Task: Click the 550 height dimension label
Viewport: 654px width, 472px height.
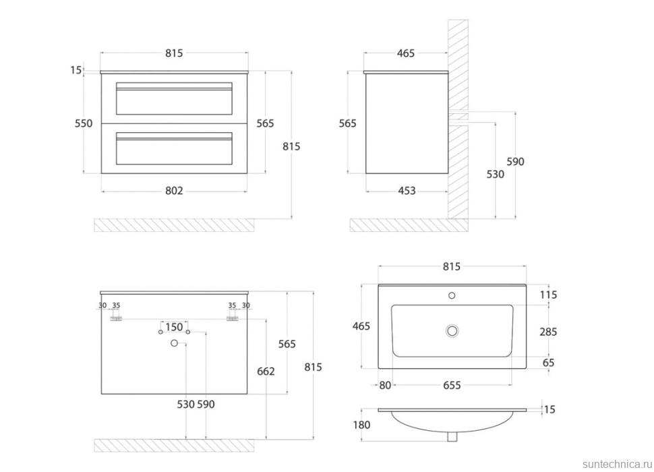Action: pyautogui.click(x=83, y=123)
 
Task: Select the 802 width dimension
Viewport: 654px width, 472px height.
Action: pyautogui.click(x=174, y=191)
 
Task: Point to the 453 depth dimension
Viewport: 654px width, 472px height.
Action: pyautogui.click(x=407, y=191)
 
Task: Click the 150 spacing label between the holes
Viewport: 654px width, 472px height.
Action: pyautogui.click(x=174, y=327)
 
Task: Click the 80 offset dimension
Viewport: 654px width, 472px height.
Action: pyautogui.click(x=384, y=385)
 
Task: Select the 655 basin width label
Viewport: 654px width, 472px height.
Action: pyautogui.click(x=452, y=385)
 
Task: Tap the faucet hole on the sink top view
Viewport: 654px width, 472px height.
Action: pyautogui.click(x=452, y=295)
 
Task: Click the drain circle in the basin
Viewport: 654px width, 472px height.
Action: pyautogui.click(x=452, y=330)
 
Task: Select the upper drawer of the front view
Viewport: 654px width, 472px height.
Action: pyautogui.click(x=175, y=98)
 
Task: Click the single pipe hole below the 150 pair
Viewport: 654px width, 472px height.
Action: pyautogui.click(x=174, y=344)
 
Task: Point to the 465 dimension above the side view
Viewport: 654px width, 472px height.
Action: pyautogui.click(x=405, y=53)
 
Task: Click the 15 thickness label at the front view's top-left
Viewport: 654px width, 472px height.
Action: pyautogui.click(x=76, y=69)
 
